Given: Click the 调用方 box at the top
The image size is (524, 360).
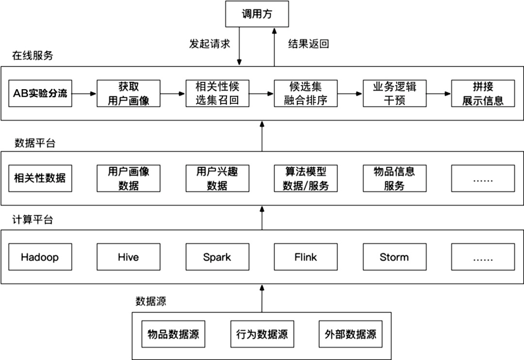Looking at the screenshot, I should coord(257,14).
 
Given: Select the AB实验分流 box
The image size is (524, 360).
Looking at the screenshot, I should coord(40,94).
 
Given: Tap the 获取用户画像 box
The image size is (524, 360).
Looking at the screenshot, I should coord(129,94).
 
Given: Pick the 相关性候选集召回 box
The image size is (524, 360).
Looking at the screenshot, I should coord(217,94).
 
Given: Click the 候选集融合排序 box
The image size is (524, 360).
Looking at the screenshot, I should coord(306,94).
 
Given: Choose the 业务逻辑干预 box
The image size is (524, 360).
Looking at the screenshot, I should coord(394,94).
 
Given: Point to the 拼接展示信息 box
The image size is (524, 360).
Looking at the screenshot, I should coord(483,94).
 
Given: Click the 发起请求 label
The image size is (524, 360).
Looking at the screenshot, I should coord(209,44).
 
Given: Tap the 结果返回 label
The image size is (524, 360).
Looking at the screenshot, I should coord(309,44).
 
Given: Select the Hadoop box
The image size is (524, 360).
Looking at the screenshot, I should coord(40,257).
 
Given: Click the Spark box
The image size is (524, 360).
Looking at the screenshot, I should coord(217,257).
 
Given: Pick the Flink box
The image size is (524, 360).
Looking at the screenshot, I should coord(306,257).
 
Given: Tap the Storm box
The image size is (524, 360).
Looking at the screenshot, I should coord(394,257).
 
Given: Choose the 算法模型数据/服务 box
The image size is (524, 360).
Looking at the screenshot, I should coord(306,178).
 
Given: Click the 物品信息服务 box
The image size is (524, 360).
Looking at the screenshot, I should coord(394,178).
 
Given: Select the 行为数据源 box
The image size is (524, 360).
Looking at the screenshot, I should coord(262,334).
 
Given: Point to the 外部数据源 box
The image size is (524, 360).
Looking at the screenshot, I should coord(350,334).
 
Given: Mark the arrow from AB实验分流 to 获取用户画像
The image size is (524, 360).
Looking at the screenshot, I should coord(84,94).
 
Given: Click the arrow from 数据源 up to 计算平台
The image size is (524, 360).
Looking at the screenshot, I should coord(262,298).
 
